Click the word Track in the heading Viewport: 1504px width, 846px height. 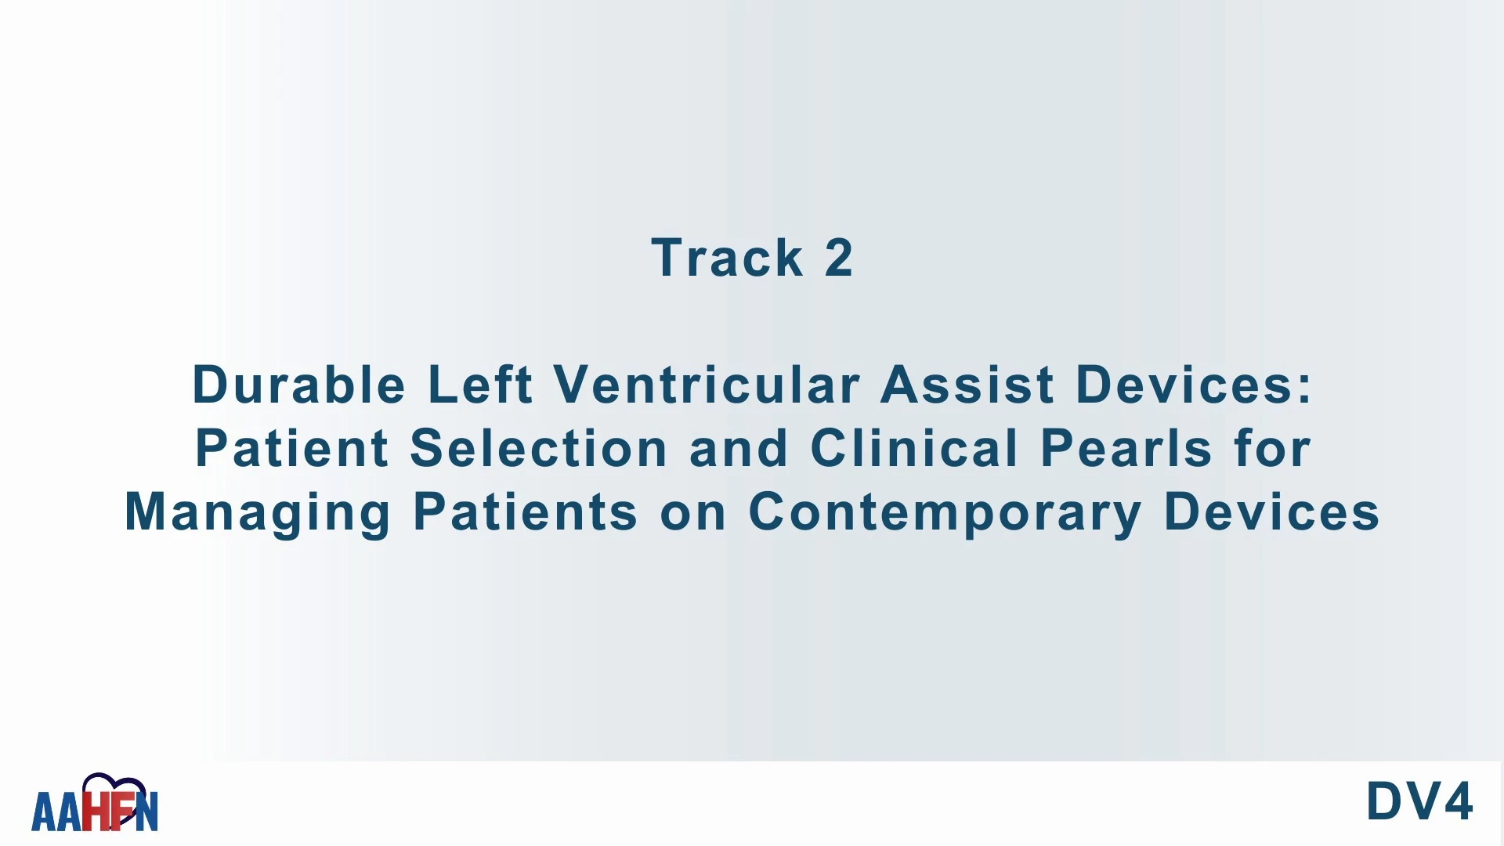pos(727,258)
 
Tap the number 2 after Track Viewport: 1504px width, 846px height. pos(838,258)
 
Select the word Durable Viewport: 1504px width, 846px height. pos(299,385)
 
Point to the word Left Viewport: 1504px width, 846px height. pos(480,385)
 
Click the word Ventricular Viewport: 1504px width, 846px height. pos(707,385)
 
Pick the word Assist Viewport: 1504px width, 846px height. pos(967,385)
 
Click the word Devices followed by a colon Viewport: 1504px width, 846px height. pos(1193,385)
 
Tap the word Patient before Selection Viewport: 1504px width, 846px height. pos(291,448)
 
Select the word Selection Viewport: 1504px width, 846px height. pos(539,448)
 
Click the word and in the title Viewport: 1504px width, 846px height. pos(739,448)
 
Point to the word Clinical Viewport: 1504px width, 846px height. pos(913,448)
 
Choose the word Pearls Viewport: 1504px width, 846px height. pos(1126,448)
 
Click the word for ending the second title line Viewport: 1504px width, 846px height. pos(1272,448)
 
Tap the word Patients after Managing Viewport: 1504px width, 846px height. pos(526,512)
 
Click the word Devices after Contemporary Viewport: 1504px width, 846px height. pos(1272,512)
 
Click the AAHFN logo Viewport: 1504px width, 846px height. pos(95,803)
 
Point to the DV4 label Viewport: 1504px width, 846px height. pos(1419,801)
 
